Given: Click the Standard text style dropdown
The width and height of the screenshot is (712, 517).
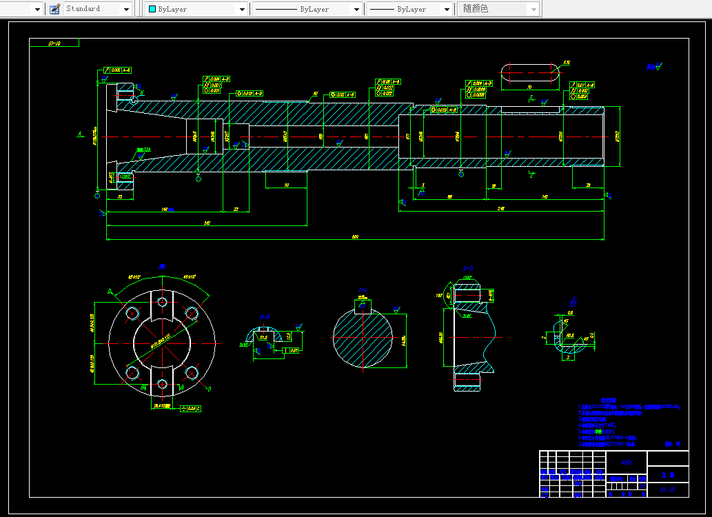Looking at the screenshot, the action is coord(97,9).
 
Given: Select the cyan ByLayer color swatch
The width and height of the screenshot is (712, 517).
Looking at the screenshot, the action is coord(152,9).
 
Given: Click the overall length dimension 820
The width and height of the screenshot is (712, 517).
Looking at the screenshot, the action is coord(355,237).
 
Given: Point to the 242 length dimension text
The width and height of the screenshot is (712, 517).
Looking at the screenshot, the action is coord(207,223).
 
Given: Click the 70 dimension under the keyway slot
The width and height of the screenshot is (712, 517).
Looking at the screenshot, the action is coord(529,88).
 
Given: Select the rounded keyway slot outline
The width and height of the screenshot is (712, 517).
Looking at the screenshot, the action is coord(529,73).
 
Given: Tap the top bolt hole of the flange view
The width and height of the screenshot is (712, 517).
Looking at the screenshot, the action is coord(162,302).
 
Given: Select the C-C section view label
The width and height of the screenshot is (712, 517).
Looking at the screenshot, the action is coord(363,290).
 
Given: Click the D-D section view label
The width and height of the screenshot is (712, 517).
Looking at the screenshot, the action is coord(467,268).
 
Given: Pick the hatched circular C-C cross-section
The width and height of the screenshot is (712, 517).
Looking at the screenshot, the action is coord(363,338).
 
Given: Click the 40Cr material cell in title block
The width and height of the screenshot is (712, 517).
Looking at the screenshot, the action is coord(626,462).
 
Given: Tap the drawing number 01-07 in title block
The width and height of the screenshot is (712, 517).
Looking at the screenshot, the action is coord(667,489).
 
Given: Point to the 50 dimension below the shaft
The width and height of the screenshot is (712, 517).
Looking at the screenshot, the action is coord(285,185).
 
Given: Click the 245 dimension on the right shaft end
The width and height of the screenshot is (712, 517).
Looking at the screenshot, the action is coord(501,208).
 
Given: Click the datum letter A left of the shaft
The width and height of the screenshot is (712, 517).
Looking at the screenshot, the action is coord(80,133).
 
